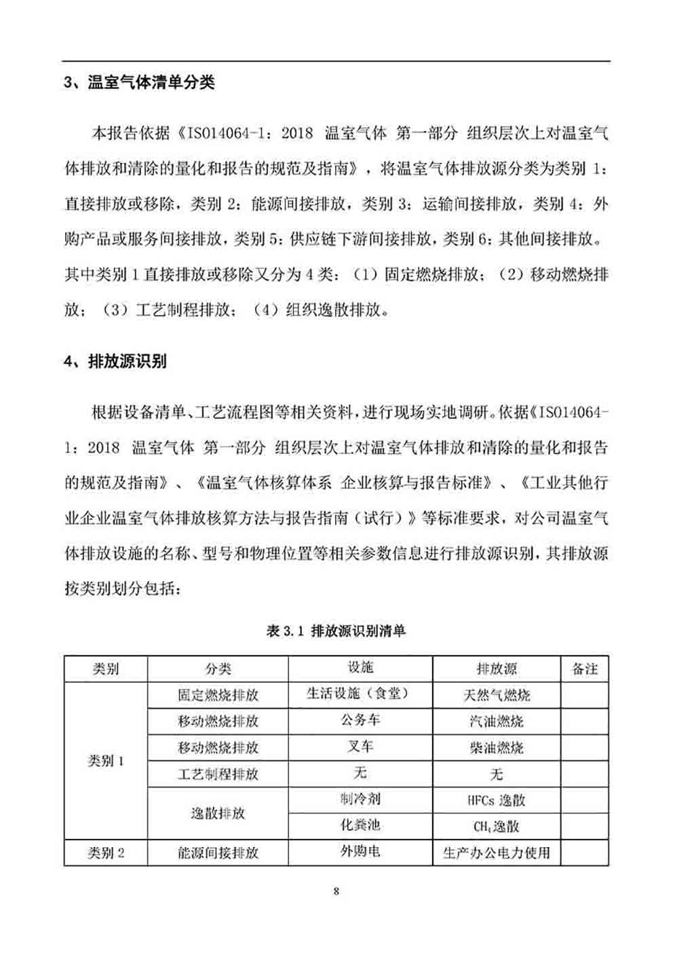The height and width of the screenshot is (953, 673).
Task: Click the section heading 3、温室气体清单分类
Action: [139, 83]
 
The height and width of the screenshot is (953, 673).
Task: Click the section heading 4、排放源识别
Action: [115, 361]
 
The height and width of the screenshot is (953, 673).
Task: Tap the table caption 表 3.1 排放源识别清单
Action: [336, 631]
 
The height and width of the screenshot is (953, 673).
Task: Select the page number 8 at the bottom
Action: [336, 891]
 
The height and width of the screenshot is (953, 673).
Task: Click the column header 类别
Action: [106, 669]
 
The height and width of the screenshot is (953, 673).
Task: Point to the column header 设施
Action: [360, 668]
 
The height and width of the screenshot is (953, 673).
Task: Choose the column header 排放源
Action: [497, 669]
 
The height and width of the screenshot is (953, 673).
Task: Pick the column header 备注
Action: [585, 669]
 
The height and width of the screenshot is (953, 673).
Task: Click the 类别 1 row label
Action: [106, 761]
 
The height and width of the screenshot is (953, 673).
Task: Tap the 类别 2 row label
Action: [106, 853]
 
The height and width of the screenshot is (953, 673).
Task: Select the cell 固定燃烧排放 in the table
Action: [218, 695]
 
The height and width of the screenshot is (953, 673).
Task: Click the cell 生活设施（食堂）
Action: [360, 694]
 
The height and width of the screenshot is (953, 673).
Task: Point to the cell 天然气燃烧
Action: [497, 695]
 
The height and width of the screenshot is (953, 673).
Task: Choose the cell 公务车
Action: [360, 720]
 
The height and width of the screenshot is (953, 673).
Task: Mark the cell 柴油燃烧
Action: [497, 748]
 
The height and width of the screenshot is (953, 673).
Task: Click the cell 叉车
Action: [360, 747]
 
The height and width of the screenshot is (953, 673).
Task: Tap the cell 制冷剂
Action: [360, 799]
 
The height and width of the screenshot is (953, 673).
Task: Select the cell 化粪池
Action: [360, 825]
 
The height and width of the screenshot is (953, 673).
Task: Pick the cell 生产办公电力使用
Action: [497, 853]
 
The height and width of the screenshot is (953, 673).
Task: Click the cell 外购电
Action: [360, 851]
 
